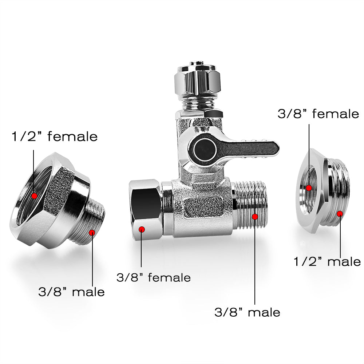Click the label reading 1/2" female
click(54, 136)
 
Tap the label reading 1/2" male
click(327, 262)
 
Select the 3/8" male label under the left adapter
click(71, 292)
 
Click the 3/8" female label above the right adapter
click(318, 114)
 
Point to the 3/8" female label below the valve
click(154, 278)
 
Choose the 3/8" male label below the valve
click(247, 312)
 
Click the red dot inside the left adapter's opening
click(35, 196)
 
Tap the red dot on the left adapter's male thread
click(92, 232)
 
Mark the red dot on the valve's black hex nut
click(142, 229)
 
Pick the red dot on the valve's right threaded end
click(255, 217)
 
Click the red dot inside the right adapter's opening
click(309, 188)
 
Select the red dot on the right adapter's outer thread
click(340, 213)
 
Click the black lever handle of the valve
click(255, 147)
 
